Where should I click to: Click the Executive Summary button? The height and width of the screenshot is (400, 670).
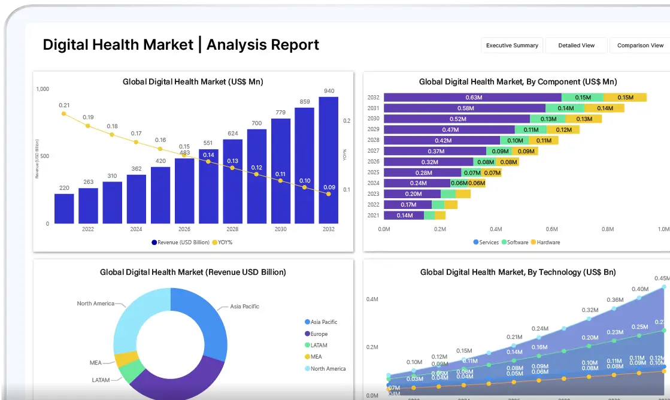click(512, 46)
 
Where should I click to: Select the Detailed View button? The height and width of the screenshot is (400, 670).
click(576, 46)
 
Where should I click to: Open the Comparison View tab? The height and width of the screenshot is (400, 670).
click(640, 46)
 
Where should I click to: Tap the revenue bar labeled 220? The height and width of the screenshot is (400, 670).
click(64, 208)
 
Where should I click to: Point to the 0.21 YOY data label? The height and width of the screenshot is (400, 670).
click(64, 105)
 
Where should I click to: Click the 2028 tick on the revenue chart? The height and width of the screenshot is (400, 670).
click(232, 229)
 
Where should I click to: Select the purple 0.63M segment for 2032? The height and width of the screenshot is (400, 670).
click(473, 98)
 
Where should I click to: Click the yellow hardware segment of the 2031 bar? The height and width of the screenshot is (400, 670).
click(605, 108)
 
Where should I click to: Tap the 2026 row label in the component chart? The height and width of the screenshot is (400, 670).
click(373, 162)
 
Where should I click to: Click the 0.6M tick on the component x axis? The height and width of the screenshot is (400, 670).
click(551, 229)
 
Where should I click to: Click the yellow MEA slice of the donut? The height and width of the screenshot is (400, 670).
click(127, 359)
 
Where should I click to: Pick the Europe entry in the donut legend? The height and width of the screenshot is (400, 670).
click(319, 334)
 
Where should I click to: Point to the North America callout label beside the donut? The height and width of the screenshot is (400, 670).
click(95, 304)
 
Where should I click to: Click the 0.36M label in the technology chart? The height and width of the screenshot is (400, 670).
click(615, 300)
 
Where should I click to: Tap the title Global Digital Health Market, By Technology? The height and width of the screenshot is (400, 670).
click(518, 272)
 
